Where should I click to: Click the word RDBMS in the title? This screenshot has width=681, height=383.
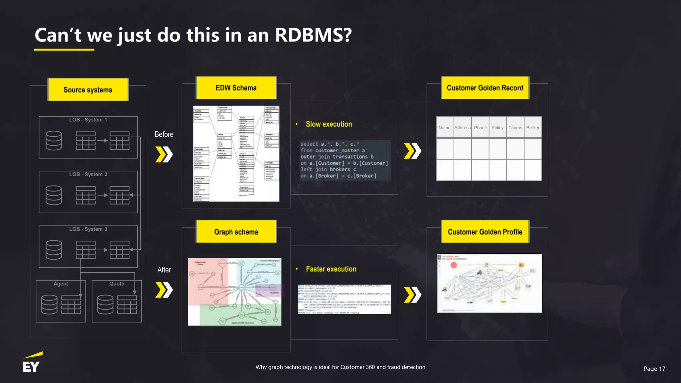point(313,35)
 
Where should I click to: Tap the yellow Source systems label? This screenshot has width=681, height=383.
point(88,90)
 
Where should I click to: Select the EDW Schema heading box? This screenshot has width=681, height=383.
point(236,88)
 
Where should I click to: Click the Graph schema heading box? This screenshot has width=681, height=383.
point(236,232)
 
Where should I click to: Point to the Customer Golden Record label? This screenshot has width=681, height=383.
point(485,88)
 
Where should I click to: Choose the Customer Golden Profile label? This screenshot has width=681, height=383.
point(485,232)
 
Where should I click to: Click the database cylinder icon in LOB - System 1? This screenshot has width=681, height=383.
point(54,140)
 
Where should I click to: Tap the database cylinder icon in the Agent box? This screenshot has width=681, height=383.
point(49,304)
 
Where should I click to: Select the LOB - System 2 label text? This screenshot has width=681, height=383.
point(88,174)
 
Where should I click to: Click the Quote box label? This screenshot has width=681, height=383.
point(117,284)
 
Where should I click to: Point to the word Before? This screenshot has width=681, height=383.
point(164,134)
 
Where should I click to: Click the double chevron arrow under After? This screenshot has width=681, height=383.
point(164,290)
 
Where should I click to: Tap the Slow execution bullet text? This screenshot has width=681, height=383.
point(329,124)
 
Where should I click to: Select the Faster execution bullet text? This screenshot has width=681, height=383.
point(331,269)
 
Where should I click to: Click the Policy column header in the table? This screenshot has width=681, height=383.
point(497,128)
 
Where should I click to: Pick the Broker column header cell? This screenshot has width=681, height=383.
point(533,128)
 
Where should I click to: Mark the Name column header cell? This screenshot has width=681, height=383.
point(445,128)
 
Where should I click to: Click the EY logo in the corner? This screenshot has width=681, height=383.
point(32,363)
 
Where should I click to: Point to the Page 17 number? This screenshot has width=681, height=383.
point(654,369)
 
